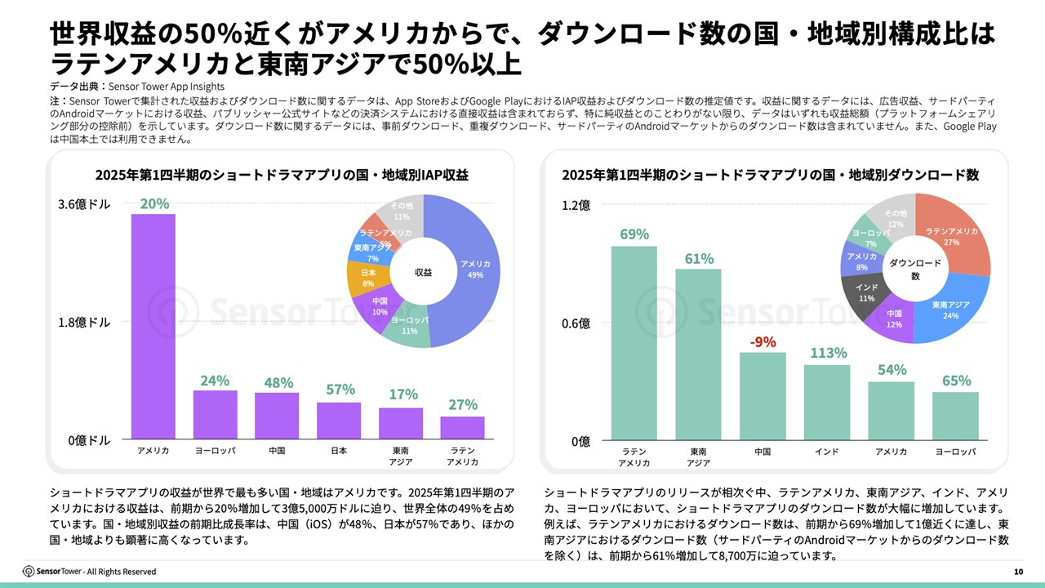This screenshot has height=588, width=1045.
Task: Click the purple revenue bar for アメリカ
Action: point(153,327)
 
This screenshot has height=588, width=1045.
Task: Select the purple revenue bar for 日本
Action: point(339,421)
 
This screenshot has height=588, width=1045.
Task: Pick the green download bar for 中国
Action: point(763,397)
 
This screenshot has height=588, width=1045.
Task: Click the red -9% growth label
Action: point(763,341)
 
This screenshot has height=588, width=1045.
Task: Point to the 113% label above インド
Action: point(828,354)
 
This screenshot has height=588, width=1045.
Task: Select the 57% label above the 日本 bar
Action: point(340,390)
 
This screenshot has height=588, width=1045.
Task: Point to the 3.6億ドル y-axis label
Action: point(84,205)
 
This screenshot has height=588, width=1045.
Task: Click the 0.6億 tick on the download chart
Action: point(575,323)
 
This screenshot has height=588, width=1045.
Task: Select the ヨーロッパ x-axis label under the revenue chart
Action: point(216,451)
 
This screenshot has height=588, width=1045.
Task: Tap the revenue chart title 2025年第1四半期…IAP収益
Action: point(281,175)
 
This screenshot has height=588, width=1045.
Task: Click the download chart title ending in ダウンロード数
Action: point(770,175)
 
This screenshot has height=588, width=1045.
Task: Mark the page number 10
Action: point(1017,571)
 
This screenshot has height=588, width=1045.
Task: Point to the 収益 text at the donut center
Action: point(423,272)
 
